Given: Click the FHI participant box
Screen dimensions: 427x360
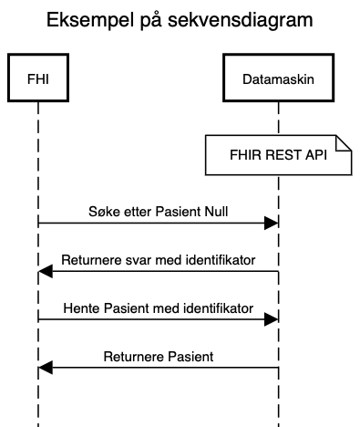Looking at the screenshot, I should [38, 80].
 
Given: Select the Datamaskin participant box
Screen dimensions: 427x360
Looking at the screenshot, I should [277, 80].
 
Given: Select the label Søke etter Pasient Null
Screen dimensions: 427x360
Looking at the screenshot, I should [158, 211].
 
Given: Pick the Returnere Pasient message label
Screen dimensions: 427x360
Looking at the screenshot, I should [158, 356].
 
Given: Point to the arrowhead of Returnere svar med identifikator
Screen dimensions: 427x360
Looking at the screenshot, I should [46, 271].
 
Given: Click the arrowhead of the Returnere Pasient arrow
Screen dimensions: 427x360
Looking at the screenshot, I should [46, 368].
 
